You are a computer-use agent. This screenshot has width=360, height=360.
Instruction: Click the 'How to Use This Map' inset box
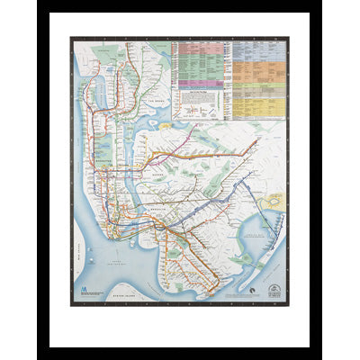(199, 105)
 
